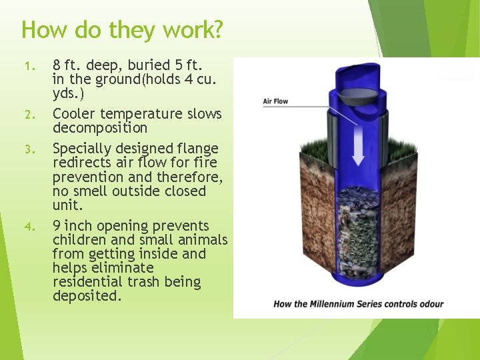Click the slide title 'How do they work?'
click(x=122, y=30)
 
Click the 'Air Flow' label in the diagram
click(x=275, y=101)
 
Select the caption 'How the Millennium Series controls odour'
click(x=358, y=304)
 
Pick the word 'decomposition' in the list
click(x=100, y=128)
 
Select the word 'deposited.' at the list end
click(x=87, y=296)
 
